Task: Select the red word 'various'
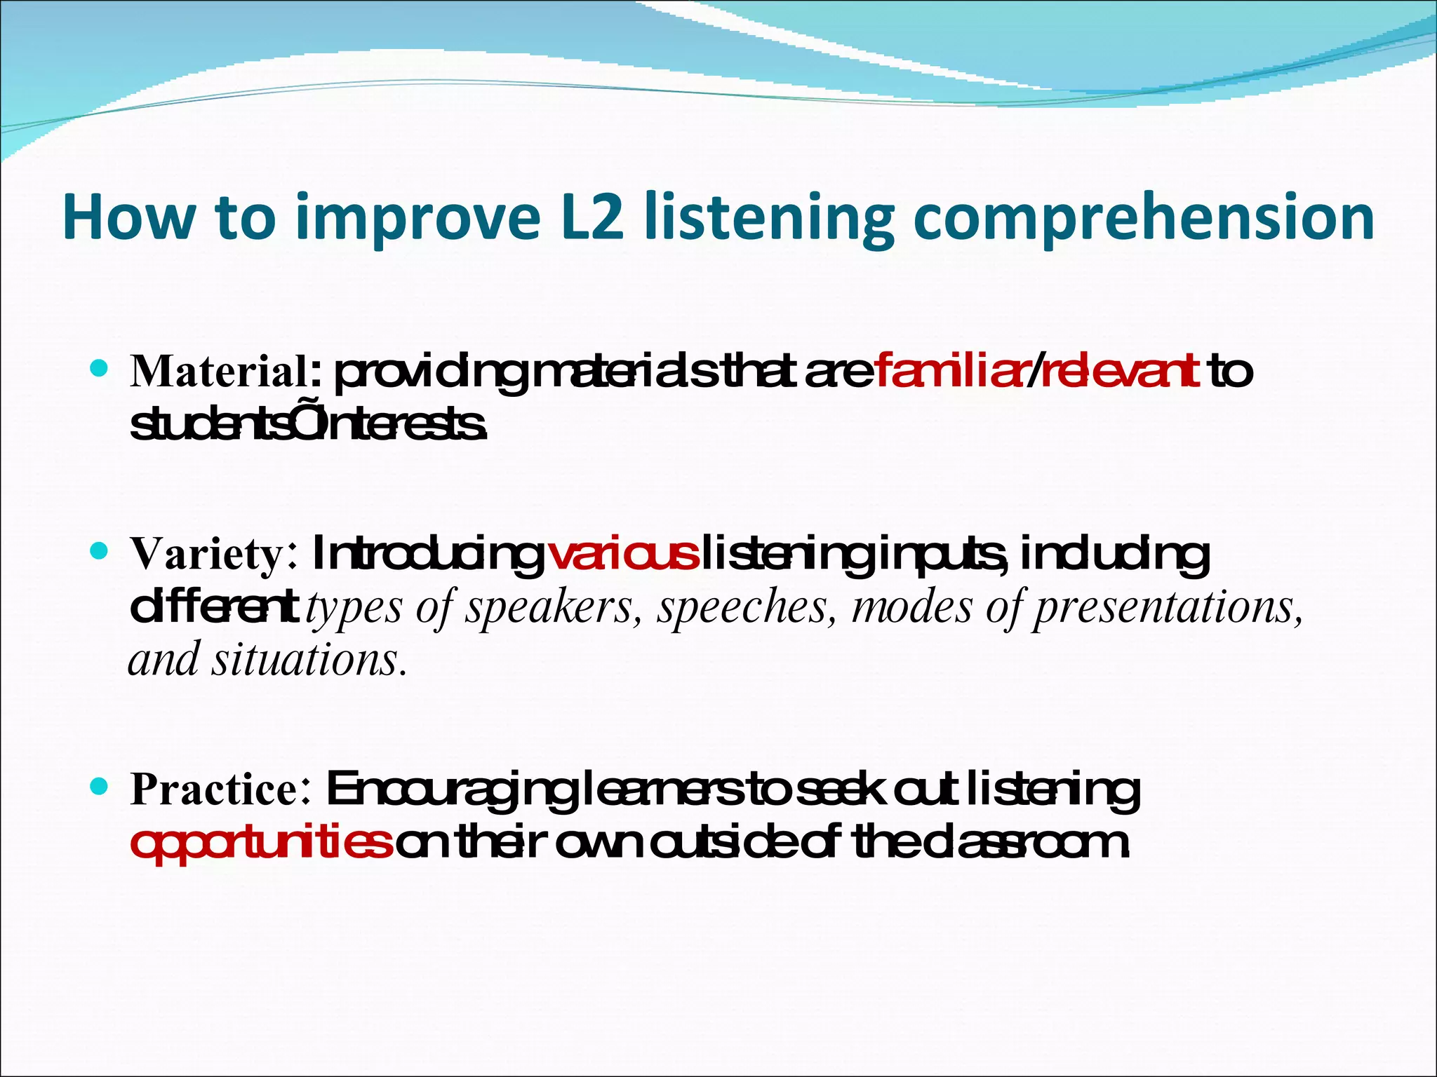623,554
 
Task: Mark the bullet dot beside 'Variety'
100,551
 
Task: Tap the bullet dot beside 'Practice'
100,787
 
